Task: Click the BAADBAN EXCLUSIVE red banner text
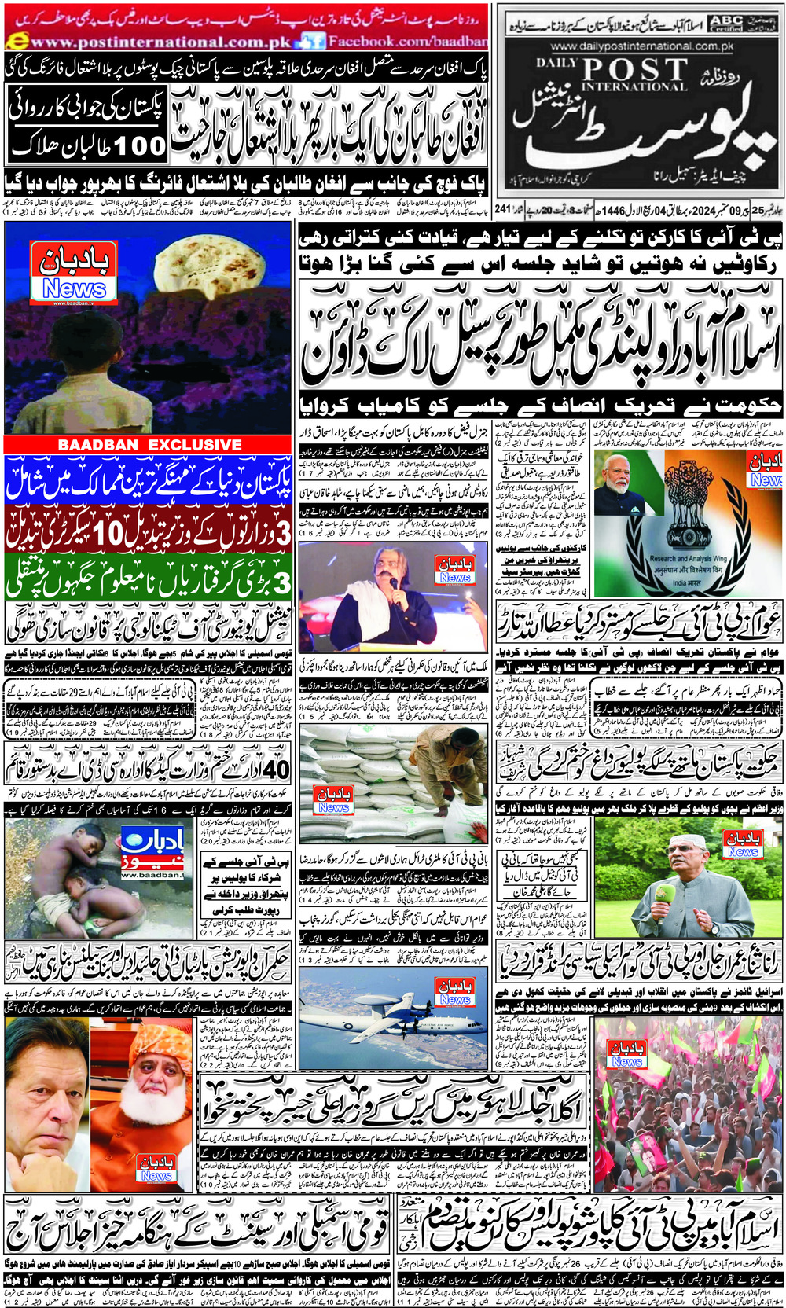[x=149, y=445]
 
